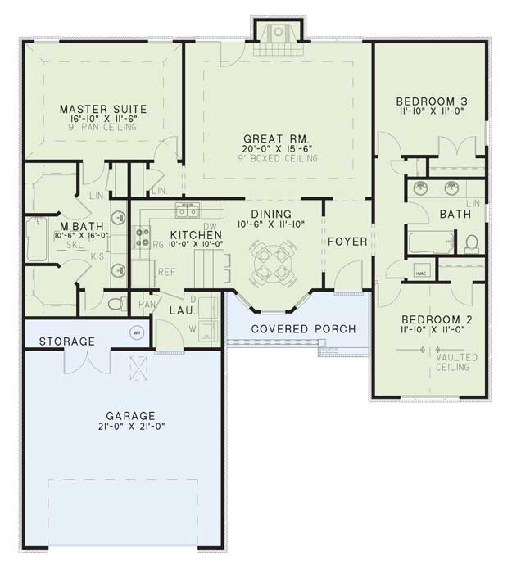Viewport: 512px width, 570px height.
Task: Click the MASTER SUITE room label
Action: point(103,108)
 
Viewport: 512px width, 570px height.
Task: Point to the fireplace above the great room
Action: point(279,34)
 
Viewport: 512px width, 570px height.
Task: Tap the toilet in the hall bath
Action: point(471,242)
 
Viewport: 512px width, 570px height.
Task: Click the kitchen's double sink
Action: point(188,213)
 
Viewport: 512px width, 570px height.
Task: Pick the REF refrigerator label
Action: point(166,272)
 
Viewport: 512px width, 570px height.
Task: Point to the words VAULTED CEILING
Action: point(453,362)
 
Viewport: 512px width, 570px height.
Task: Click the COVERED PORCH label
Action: point(303,329)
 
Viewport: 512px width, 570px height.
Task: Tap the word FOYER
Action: point(347,242)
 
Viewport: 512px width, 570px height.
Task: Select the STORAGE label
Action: point(67,341)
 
